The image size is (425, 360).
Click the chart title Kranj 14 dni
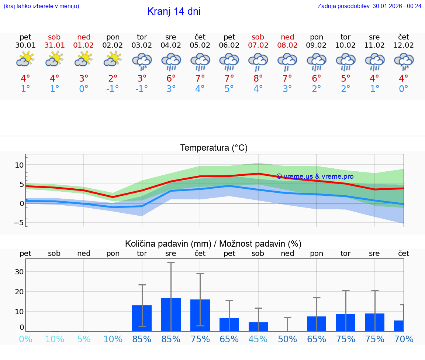[x=174, y=11]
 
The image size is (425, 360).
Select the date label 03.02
[x=142, y=45]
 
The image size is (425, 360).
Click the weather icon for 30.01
[x=25, y=59]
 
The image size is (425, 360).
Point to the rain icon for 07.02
[x=258, y=61]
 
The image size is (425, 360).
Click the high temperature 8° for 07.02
[x=258, y=79]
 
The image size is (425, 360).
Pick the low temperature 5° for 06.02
[x=229, y=89]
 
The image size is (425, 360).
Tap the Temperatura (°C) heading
[x=214, y=148]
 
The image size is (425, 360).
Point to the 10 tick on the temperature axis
[x=19, y=165]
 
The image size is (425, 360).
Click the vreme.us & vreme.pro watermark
[x=315, y=176]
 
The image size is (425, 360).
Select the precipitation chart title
[x=213, y=244]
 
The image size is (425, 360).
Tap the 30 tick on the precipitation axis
[x=19, y=272]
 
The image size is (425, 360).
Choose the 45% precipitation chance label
[x=258, y=339]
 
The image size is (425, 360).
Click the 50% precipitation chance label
[x=287, y=339]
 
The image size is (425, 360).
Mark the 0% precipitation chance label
[x=25, y=339]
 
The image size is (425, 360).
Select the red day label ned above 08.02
[x=287, y=37]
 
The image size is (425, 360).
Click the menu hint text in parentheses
[x=41, y=6]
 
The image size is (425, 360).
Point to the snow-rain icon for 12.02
[x=404, y=61]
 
